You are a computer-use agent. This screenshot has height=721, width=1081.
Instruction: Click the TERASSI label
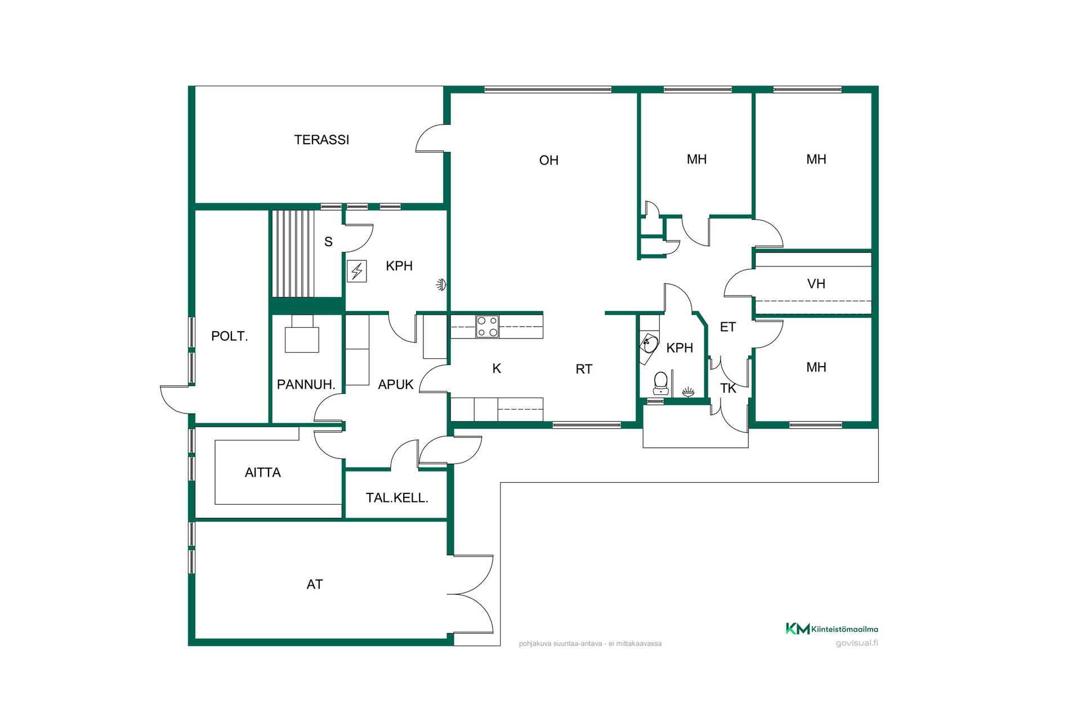click(321, 140)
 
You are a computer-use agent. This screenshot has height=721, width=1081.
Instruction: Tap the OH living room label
click(549, 161)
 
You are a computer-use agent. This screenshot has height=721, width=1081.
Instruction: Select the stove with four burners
click(488, 327)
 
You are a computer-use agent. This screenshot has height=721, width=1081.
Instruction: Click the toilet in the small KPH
click(661, 383)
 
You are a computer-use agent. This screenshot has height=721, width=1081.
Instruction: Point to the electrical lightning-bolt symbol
click(357, 271)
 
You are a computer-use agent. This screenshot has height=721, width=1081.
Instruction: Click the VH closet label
click(816, 284)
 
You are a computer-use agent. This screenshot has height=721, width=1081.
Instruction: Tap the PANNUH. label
click(306, 385)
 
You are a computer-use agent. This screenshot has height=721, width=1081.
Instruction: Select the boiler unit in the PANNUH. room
click(302, 334)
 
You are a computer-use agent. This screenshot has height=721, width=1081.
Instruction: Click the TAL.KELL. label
click(397, 498)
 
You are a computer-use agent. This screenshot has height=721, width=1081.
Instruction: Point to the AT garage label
click(315, 585)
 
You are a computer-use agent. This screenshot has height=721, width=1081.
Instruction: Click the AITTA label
click(263, 473)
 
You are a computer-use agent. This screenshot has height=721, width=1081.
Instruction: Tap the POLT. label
click(229, 336)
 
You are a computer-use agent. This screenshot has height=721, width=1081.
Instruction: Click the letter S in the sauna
click(328, 242)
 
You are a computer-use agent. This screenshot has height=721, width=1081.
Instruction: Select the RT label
click(584, 369)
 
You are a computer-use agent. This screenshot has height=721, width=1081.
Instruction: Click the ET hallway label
click(728, 327)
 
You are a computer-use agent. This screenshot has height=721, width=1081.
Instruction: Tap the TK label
click(728, 388)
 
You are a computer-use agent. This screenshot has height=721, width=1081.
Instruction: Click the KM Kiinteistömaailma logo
click(832, 629)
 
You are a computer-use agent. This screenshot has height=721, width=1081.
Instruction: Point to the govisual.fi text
click(857, 643)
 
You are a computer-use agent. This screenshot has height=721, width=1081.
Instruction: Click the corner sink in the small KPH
click(650, 343)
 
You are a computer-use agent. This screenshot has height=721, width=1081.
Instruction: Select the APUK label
click(396, 385)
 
